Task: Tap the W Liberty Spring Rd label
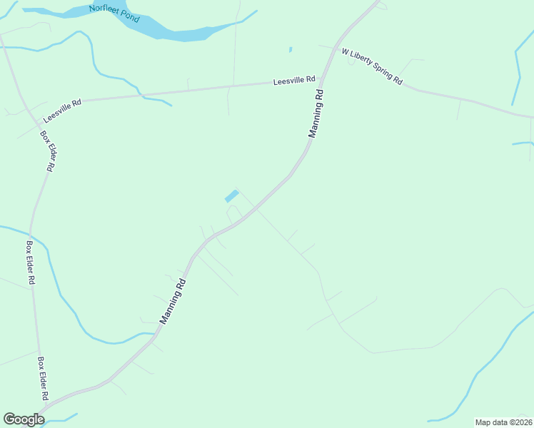click(372, 66)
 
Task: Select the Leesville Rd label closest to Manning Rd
click(294, 81)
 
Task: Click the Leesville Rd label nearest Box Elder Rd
click(62, 111)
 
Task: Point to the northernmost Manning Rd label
click(316, 113)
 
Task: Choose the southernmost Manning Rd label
click(173, 301)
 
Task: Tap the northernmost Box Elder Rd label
click(47, 151)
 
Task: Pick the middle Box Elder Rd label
click(31, 263)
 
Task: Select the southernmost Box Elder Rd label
click(43, 378)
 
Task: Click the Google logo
click(24, 419)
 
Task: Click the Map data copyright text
click(503, 422)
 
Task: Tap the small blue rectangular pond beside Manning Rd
click(232, 195)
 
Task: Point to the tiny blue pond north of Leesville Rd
click(291, 49)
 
